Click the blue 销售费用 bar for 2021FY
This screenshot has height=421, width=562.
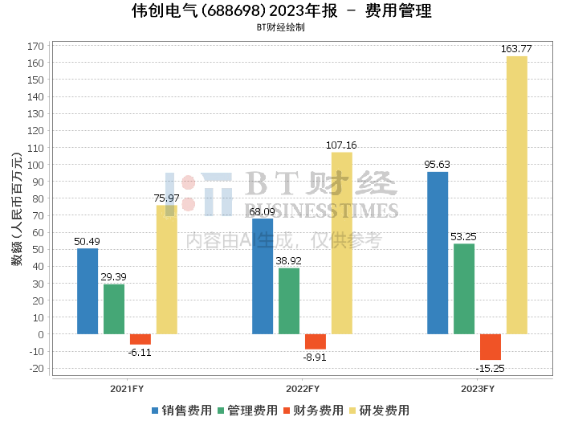coord(88,291)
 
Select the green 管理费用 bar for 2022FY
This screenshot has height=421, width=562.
coord(289,301)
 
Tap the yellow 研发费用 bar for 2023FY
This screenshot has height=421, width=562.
coord(517,195)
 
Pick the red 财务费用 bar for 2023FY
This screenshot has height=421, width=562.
coord(491,347)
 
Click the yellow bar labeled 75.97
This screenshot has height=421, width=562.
coord(167,270)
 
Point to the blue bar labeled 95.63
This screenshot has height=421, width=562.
coord(438,253)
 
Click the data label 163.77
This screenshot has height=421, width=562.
coord(516,49)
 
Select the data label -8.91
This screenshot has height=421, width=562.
coord(315,358)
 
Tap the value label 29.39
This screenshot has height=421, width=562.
coord(114,277)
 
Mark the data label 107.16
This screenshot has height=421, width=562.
coord(341,145)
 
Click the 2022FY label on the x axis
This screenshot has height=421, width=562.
coord(303,389)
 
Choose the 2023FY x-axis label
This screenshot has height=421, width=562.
coord(478,389)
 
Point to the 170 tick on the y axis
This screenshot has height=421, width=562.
coord(35,47)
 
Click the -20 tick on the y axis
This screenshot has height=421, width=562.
coord(36,368)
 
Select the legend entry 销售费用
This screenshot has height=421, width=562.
coord(181,411)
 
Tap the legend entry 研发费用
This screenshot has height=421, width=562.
coord(379,411)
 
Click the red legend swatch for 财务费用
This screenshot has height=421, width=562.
coord(287,411)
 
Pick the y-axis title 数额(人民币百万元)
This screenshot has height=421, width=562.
coord(17,209)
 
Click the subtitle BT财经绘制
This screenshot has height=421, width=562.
coord(281,27)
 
